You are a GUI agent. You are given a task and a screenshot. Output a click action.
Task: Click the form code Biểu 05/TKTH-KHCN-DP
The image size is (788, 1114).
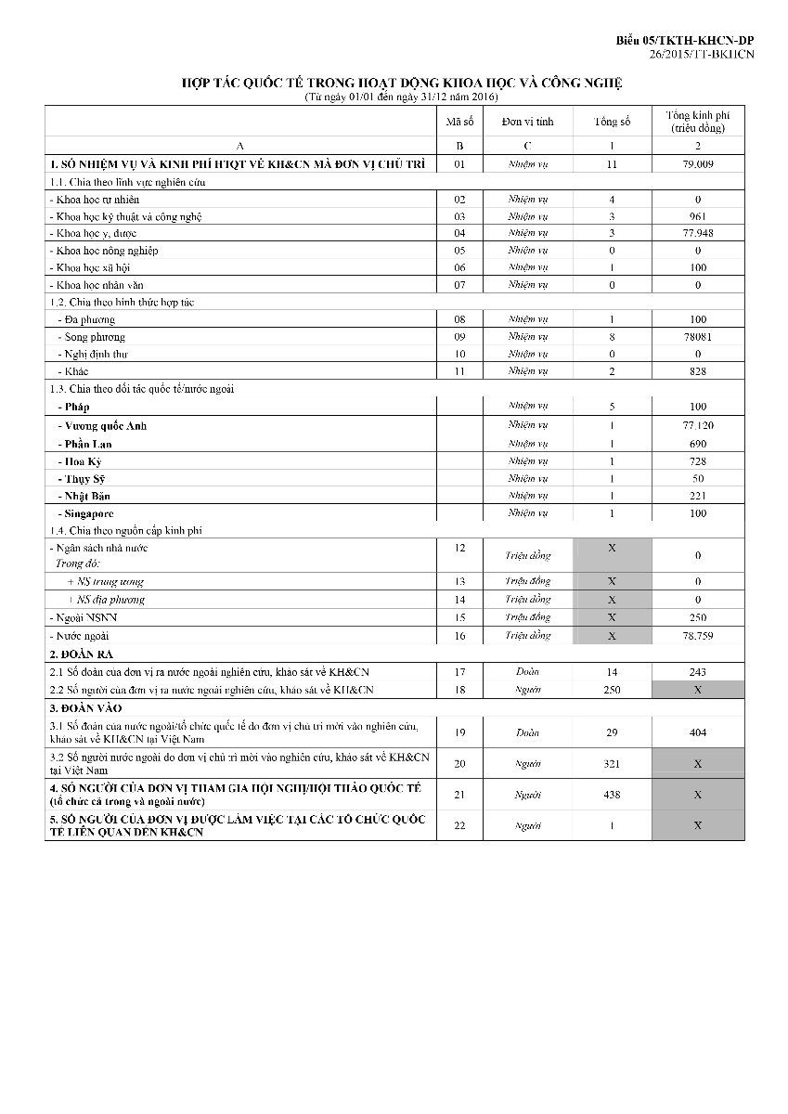pyautogui.click(x=685, y=42)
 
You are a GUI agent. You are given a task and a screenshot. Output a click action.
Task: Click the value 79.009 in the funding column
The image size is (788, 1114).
pyautogui.click(x=697, y=164)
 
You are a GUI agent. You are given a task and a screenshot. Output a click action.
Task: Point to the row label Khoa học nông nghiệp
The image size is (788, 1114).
pyautogui.click(x=105, y=251)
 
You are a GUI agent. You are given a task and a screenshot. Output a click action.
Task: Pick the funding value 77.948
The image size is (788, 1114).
pyautogui.click(x=697, y=233)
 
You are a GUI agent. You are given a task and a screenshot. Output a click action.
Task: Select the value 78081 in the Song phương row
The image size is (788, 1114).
pyautogui.click(x=697, y=337)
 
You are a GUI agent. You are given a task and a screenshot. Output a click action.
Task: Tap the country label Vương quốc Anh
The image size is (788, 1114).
pyautogui.click(x=102, y=426)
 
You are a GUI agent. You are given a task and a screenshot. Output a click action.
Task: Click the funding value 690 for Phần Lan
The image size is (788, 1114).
pyautogui.click(x=697, y=444)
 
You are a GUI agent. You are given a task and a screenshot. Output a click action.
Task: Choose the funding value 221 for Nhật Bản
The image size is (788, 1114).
pyautogui.click(x=697, y=496)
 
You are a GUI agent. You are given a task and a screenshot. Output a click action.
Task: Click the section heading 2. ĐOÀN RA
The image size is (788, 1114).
pyautogui.click(x=81, y=654)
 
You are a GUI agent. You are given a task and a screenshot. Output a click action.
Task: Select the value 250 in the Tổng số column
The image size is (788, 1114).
pyautogui.click(x=612, y=690)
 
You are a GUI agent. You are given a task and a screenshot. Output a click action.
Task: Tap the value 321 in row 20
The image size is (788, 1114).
pyautogui.click(x=612, y=763)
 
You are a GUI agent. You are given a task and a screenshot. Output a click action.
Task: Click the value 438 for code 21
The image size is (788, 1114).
pyautogui.click(x=612, y=795)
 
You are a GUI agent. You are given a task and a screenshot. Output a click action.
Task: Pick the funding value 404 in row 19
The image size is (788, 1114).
pyautogui.click(x=697, y=732)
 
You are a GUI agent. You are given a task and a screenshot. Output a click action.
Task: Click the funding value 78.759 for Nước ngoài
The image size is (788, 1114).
pyautogui.click(x=697, y=636)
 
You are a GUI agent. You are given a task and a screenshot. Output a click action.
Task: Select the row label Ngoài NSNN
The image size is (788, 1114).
pyautogui.click(x=84, y=617)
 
